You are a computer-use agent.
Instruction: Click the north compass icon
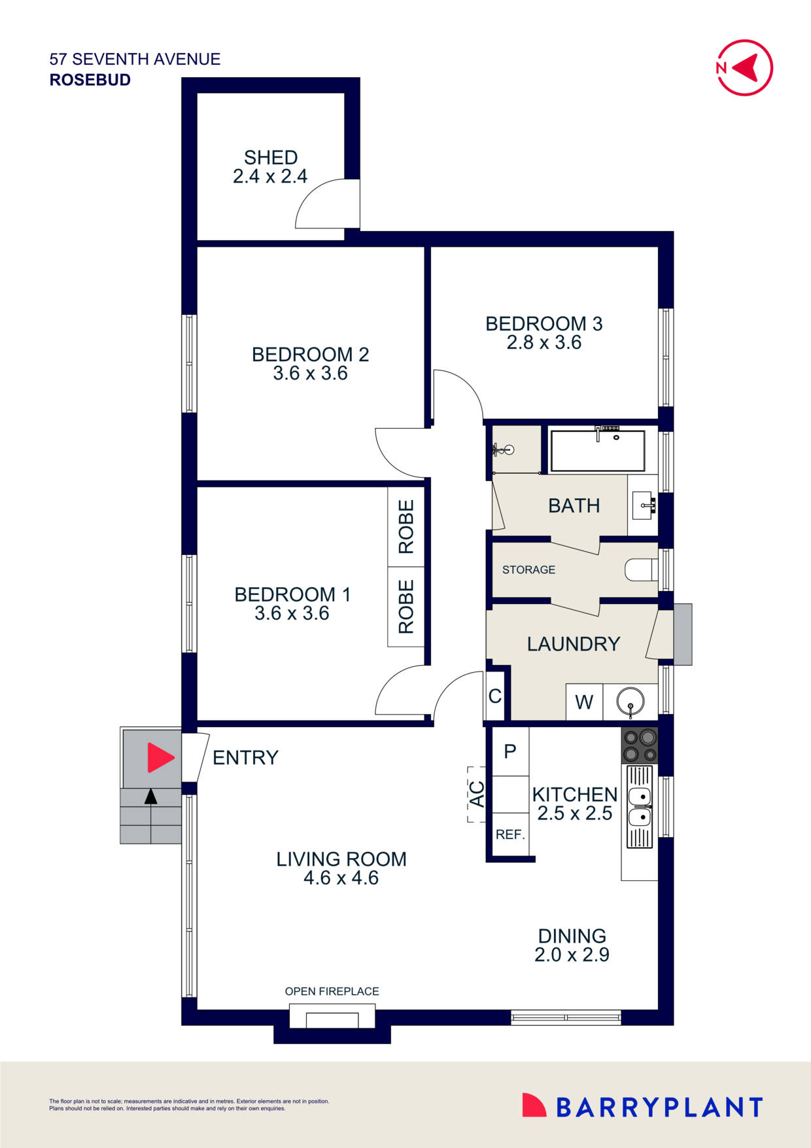(745, 67)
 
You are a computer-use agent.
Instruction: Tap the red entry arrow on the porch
(160, 757)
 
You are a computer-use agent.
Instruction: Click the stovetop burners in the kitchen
(640, 745)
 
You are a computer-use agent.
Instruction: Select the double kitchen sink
(640, 807)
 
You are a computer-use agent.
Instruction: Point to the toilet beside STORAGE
(640, 569)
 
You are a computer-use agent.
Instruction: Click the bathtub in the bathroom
(597, 450)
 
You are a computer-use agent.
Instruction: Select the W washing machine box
(584, 702)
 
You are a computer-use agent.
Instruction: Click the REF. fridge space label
(510, 834)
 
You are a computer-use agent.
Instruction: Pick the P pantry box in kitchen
(510, 751)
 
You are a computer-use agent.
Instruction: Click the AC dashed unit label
(477, 794)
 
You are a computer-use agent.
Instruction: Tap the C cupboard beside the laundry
(495, 696)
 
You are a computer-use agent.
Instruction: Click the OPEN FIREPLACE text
(332, 991)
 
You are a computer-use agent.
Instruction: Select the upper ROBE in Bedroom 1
(406, 527)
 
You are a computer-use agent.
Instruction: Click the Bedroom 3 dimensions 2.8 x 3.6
(544, 342)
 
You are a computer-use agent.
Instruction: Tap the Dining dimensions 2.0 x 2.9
(572, 954)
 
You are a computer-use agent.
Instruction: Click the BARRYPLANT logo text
(659, 1107)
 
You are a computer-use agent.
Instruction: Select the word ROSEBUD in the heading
(90, 80)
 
